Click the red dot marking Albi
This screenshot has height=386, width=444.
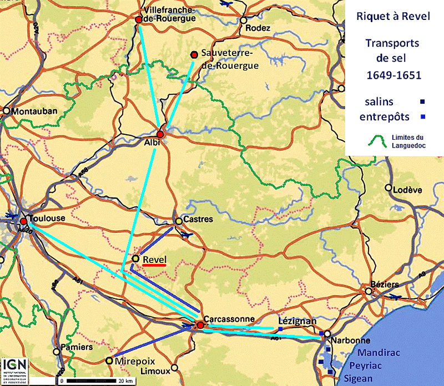point(160,134)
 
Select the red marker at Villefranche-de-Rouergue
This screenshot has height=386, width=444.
point(139,19)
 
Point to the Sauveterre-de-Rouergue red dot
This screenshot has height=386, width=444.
point(194,54)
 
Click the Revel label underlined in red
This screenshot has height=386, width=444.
point(154,259)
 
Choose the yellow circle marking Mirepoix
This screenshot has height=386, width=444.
point(109,360)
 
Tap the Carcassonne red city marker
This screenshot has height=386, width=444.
point(200,324)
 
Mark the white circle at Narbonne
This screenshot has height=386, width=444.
point(327,334)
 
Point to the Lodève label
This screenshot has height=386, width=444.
point(407,190)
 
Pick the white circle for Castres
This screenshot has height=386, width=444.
point(179,221)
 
